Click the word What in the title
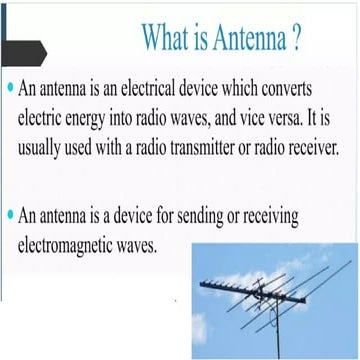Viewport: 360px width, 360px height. point(165,39)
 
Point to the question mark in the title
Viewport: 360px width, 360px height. point(297,39)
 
